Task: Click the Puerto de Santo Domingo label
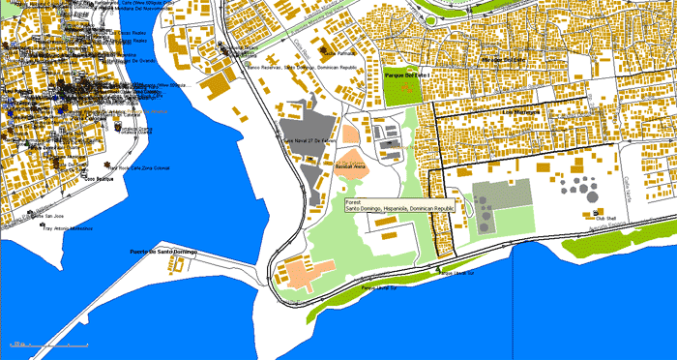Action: coord(163,253)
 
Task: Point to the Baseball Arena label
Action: coord(349,167)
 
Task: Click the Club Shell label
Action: coord(605,219)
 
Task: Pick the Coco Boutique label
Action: coord(99,179)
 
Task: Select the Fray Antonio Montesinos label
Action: coord(68,229)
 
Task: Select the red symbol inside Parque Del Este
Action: coord(405,89)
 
